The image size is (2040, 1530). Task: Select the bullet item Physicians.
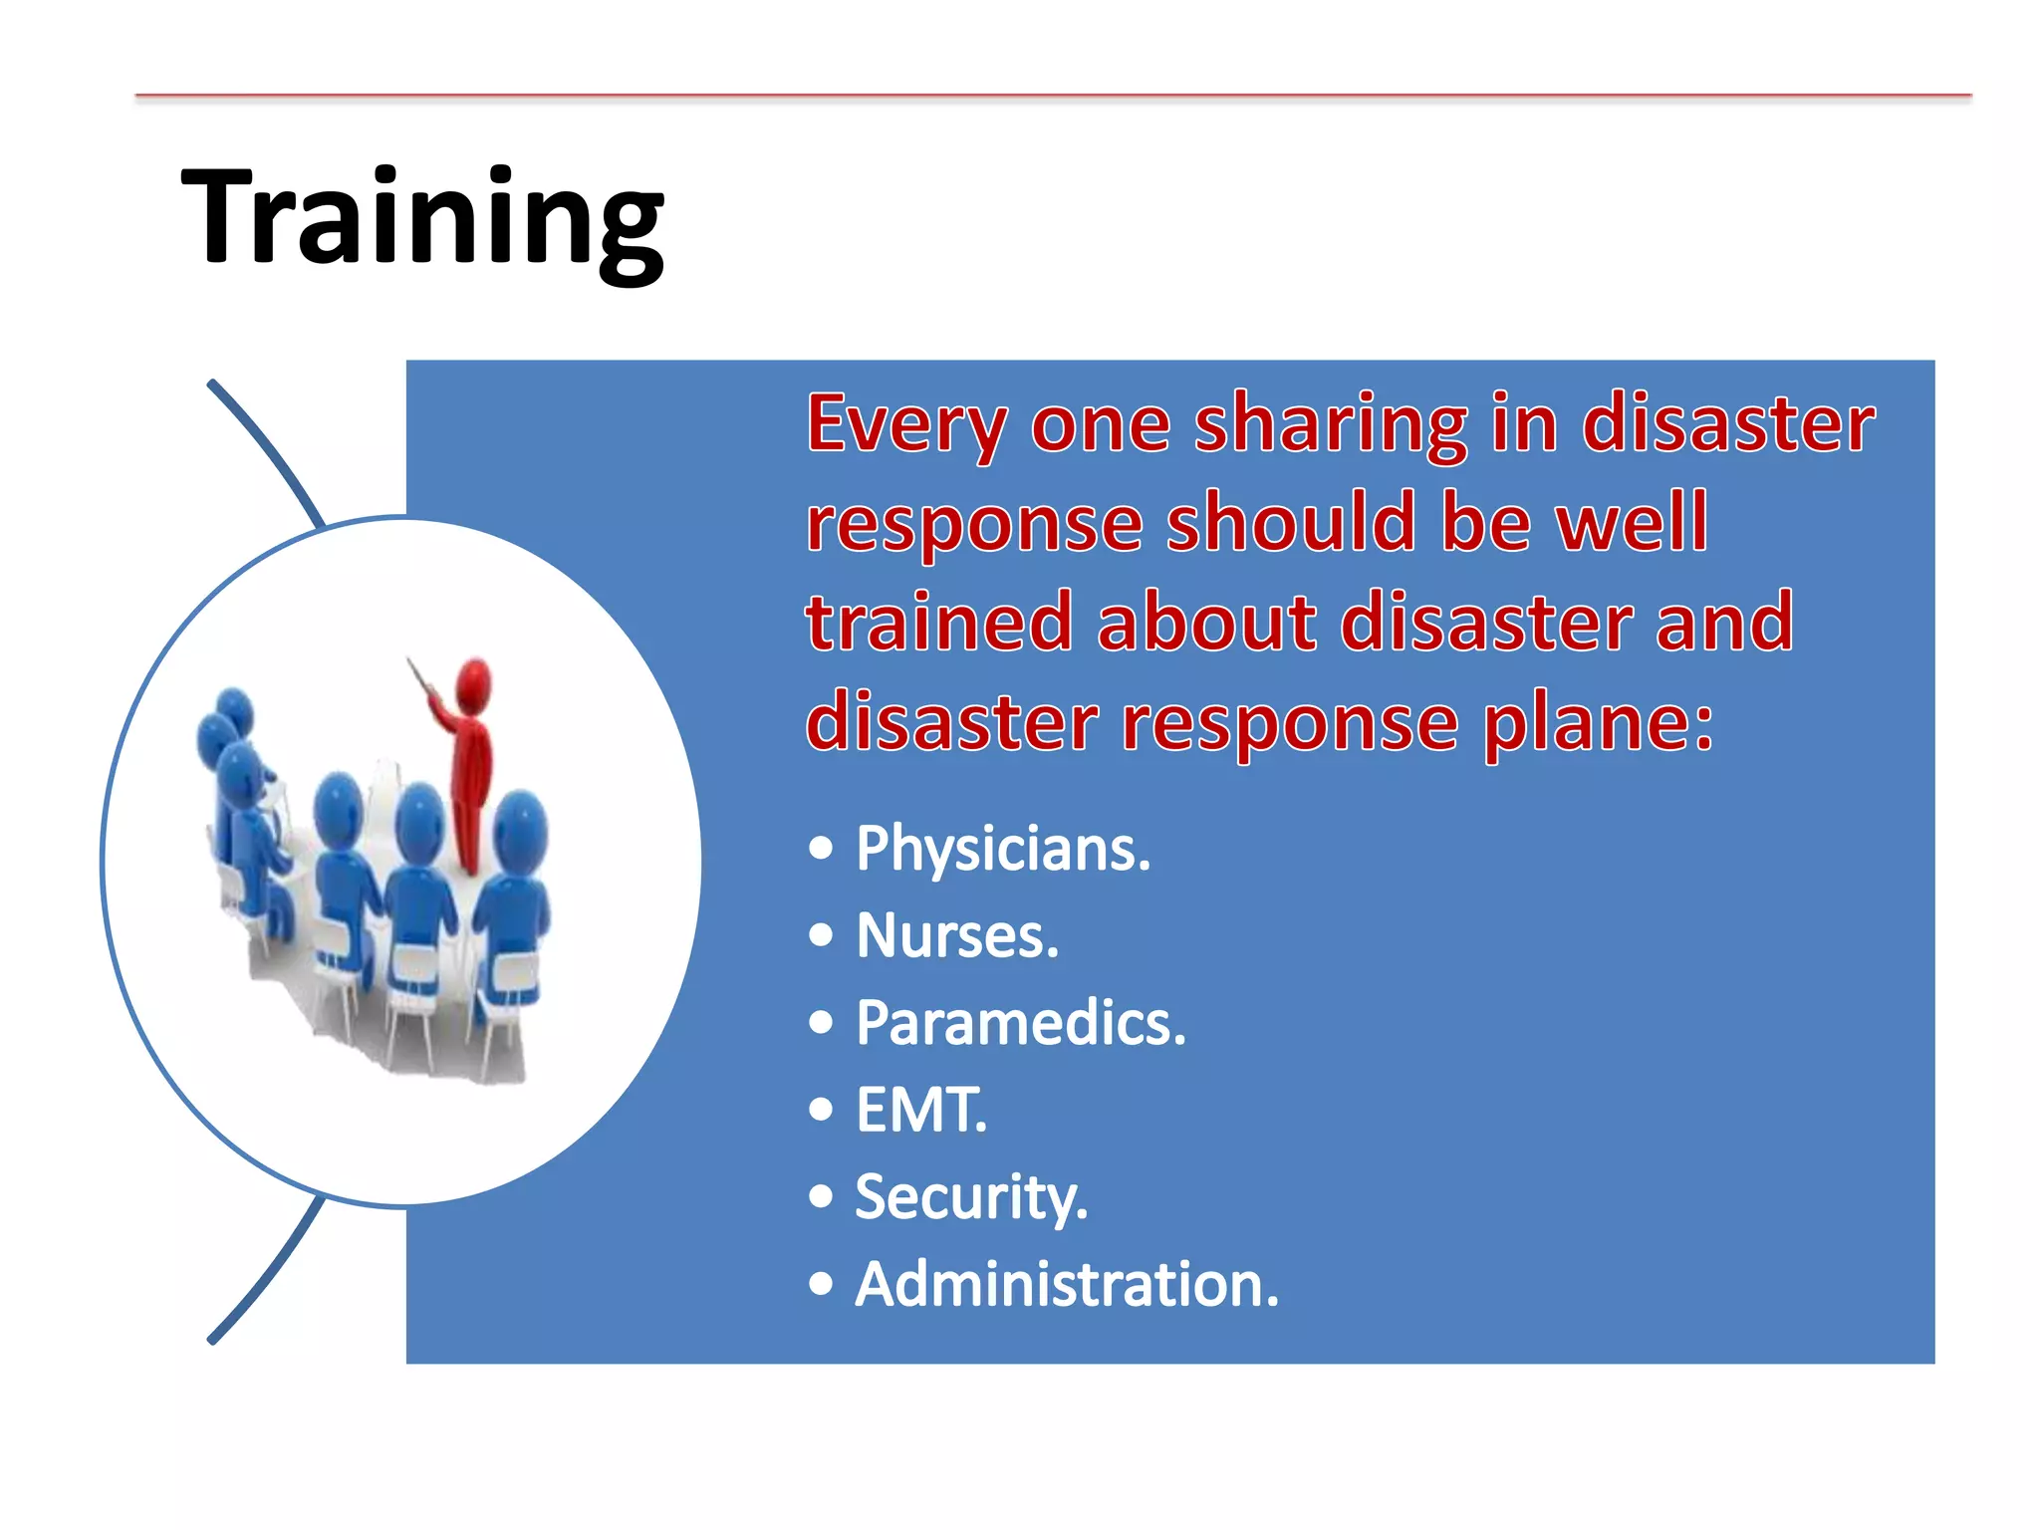[x=1002, y=850]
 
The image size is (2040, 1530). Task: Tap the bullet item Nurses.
[x=956, y=936]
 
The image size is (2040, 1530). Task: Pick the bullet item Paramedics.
[x=1020, y=1023]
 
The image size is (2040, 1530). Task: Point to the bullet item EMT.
[x=920, y=1110]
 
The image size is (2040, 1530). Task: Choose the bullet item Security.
[x=970, y=1197]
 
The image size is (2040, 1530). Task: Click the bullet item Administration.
[x=1066, y=1284]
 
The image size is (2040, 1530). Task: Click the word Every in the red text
[x=905, y=425]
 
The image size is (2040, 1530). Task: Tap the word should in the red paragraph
[x=1291, y=523]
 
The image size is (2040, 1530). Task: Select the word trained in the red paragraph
[x=938, y=623]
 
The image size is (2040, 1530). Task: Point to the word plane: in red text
[x=1598, y=722]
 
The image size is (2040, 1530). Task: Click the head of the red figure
[x=473, y=682]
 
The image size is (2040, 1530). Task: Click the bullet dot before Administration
[x=821, y=1284]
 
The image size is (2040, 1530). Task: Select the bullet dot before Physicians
[x=821, y=850]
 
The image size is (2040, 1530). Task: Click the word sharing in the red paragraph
[x=1331, y=425]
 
